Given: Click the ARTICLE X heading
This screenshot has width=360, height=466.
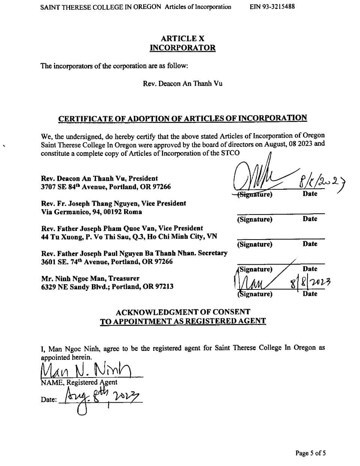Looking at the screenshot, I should coord(183,38).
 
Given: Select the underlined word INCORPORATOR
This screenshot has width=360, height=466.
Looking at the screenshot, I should coord(183,48).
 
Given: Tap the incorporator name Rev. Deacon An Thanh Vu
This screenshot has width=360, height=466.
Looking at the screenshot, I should coord(183,83).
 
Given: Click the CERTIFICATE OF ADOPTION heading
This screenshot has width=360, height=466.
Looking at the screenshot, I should coord(183,118).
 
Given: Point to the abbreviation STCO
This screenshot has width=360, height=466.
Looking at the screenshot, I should coord(231,153).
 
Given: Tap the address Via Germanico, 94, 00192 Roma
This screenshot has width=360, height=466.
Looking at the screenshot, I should coord(91,212).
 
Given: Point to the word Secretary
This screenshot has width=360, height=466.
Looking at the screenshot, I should coord(213,253).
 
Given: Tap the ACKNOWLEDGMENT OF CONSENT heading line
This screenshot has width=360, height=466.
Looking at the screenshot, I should coord(183,312).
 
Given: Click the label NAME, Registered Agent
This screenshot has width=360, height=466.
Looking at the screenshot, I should coord(79,382).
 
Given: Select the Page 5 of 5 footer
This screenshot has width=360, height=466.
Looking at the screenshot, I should coord(310,453).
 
